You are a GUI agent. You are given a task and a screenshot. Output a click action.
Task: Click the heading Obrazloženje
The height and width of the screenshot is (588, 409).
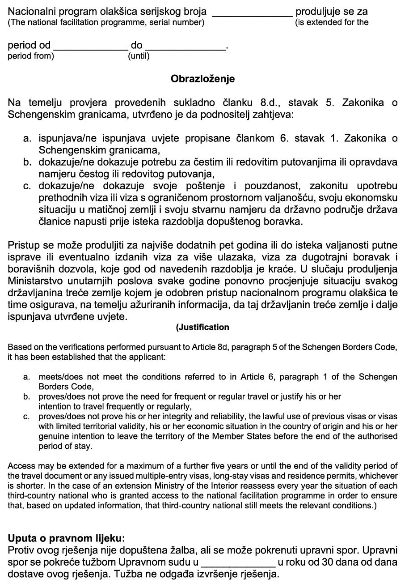pyautogui.click(x=202, y=79)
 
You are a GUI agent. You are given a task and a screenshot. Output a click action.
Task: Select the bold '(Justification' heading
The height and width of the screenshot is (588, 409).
pyautogui.click(x=202, y=327)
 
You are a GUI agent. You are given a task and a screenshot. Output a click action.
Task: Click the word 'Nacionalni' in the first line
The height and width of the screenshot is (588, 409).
pyautogui.click(x=30, y=12)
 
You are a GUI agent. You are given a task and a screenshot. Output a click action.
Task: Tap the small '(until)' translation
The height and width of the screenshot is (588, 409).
pyautogui.click(x=139, y=56)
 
